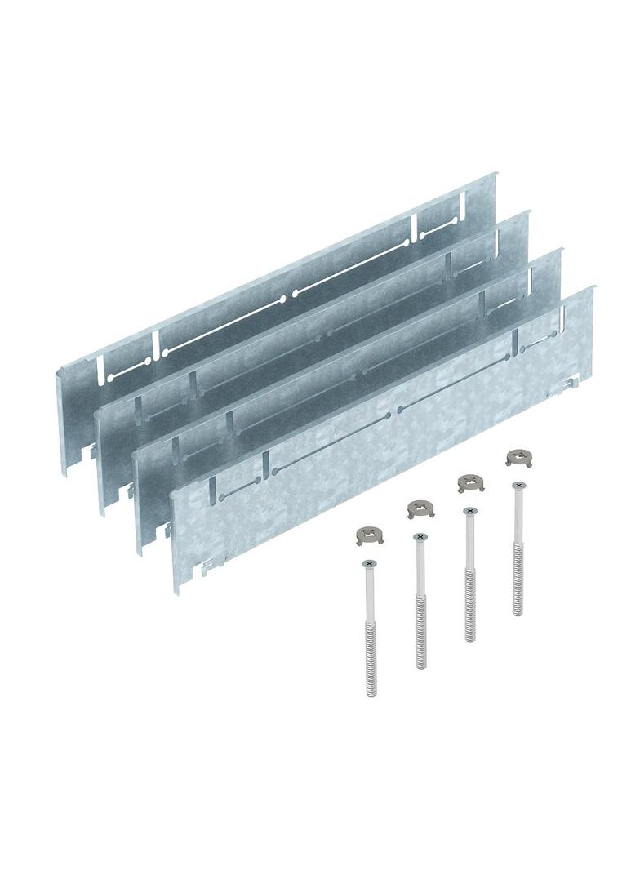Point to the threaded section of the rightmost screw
[x=518, y=582]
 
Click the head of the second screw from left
[x=420, y=536]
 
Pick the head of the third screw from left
[x=469, y=511]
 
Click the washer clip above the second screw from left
[x=420, y=509]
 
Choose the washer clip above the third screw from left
[x=469, y=482]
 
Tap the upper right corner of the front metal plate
[x=592, y=287]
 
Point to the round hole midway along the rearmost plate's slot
[x=287, y=298]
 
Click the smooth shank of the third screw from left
[x=469, y=543]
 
